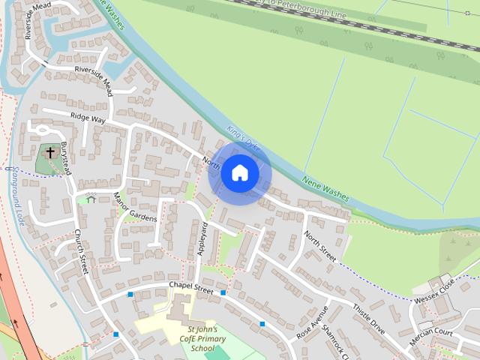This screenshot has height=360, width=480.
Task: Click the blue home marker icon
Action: (x=240, y=173)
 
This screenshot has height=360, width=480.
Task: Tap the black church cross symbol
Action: (x=50, y=153)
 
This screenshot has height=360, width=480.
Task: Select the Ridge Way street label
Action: (x=88, y=118)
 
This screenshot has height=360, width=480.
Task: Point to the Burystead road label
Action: (x=65, y=157)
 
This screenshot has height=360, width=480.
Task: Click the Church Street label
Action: (x=81, y=252)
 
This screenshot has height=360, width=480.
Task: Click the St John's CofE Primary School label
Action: (x=202, y=339)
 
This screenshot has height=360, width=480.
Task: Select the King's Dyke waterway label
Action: (x=241, y=138)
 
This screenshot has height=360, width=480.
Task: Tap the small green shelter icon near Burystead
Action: (x=91, y=199)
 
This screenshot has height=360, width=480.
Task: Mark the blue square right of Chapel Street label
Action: (x=223, y=292)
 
